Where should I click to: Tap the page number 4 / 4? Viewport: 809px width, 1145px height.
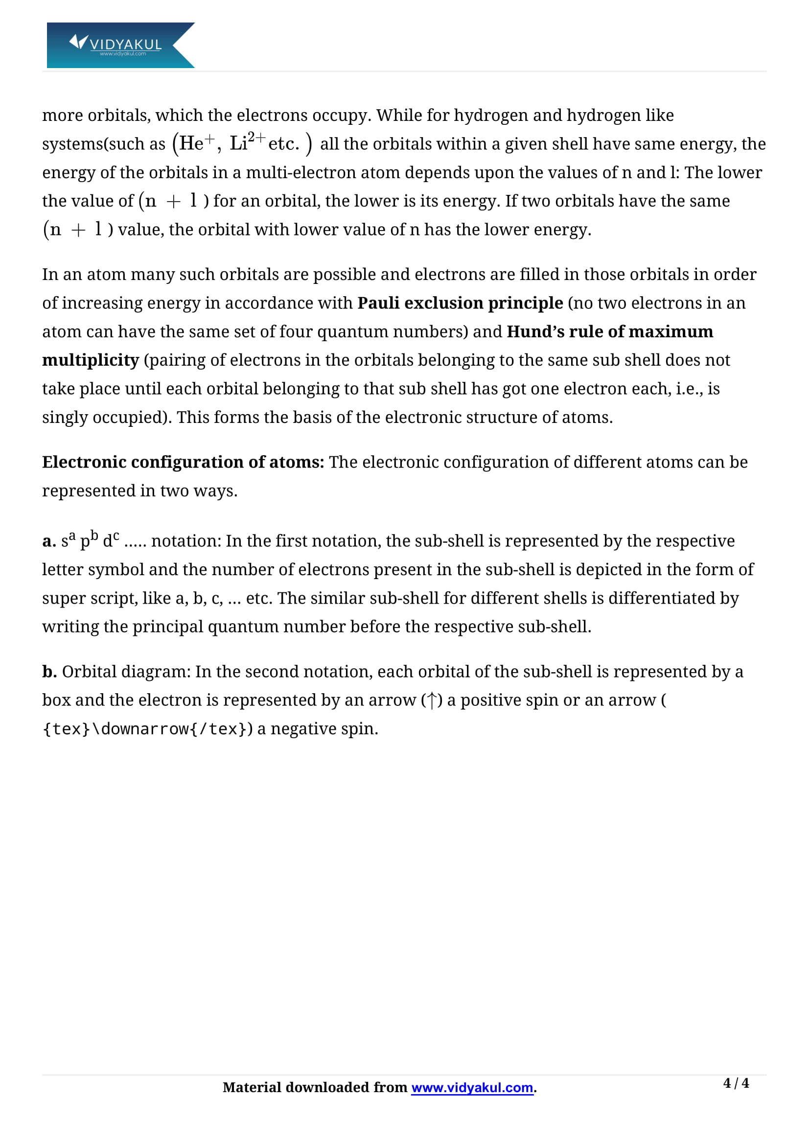coord(736,1083)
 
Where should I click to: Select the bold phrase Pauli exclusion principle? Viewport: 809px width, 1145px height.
coord(460,303)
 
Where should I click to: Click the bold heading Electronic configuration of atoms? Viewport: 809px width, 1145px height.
coord(183,462)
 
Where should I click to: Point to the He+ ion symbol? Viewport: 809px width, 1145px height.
coord(196,143)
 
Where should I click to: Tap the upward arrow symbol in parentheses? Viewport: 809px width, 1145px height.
coord(432,701)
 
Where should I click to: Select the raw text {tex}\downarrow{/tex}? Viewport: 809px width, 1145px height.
coord(144,729)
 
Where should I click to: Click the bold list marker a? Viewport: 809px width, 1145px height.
coord(48,541)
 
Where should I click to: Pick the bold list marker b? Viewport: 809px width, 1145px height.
coord(49,672)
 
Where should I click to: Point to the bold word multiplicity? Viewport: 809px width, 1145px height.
coord(90,360)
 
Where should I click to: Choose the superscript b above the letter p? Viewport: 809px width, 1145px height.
coord(94,535)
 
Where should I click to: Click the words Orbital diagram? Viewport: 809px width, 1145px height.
coord(126,672)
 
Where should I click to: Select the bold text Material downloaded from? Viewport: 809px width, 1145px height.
coord(315,1088)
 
